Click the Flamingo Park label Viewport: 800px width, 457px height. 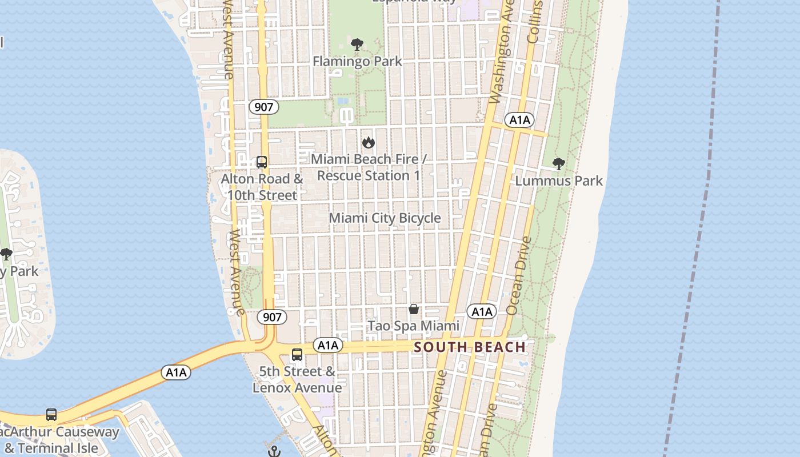coord(357,61)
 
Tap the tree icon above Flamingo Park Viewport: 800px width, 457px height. coord(357,44)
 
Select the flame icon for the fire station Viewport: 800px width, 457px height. coord(369,142)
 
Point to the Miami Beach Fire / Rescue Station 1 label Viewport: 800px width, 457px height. coord(369,167)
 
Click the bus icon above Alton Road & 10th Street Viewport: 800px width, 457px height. coord(262,162)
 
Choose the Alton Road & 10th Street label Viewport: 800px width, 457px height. coord(262,187)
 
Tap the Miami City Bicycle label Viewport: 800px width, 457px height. coord(385,218)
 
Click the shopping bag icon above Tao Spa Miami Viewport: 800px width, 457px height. coord(414,309)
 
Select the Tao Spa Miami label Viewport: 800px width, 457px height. coord(413,326)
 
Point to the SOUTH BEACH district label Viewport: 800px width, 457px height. coord(470,347)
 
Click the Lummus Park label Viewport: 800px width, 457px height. coord(559,181)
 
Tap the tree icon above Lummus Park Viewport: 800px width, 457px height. coord(559,164)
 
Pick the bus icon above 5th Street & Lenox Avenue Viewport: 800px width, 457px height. coord(297,354)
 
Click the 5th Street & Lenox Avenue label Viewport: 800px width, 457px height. coord(297,379)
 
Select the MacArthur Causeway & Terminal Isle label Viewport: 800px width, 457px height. coord(60,440)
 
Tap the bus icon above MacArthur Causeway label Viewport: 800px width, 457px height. coord(51,415)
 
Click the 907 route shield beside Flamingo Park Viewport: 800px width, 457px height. coord(264,106)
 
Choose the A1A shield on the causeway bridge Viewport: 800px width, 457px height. coord(176,372)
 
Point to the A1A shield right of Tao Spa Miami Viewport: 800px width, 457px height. coord(482,311)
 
